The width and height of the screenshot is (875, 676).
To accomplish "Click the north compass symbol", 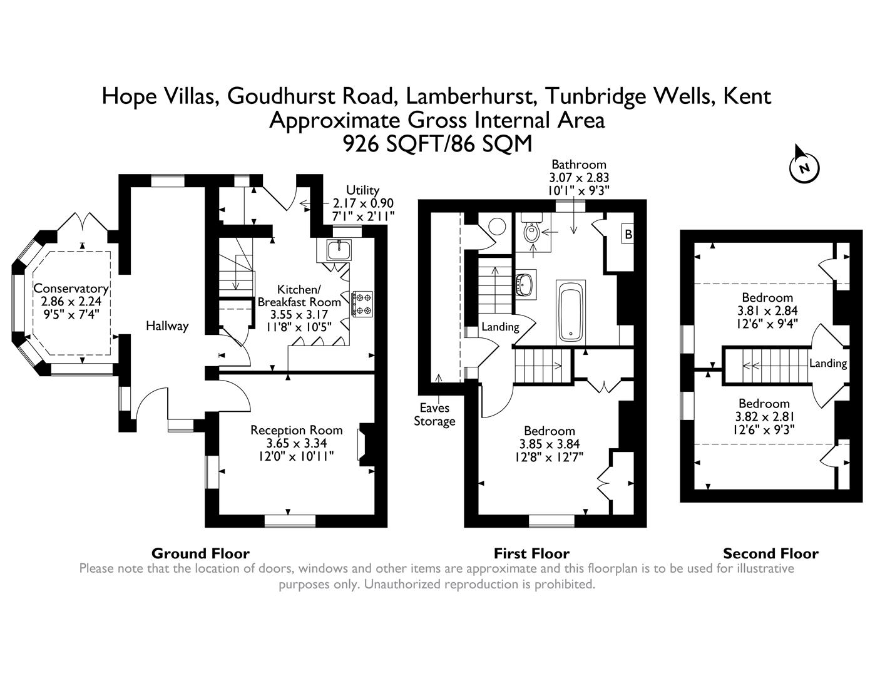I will (804, 166).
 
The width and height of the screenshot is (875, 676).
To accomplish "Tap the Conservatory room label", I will (71, 289).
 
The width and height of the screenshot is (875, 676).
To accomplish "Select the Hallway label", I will (167, 325).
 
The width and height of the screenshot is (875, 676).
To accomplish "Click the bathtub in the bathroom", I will (570, 312).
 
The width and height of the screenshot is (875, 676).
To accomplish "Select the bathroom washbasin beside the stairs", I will (524, 285).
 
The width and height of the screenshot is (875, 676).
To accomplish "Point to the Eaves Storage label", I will (434, 414).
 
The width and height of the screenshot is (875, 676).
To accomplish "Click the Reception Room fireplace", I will (362, 444).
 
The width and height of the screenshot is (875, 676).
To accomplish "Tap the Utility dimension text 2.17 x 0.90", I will (363, 203).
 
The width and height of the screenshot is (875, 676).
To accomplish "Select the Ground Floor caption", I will (200, 553).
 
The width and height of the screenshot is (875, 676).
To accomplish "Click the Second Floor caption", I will (770, 553).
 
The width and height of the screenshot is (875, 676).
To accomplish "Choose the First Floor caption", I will (531, 553).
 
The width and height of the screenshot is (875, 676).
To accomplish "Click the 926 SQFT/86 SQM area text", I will (437, 144).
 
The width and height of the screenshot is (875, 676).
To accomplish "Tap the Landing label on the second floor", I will (827, 363).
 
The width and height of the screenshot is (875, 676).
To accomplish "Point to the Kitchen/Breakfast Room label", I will (299, 295).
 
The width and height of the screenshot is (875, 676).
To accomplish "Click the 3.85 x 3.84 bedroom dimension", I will (549, 444).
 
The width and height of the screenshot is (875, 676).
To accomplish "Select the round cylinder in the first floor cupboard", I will (496, 225).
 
